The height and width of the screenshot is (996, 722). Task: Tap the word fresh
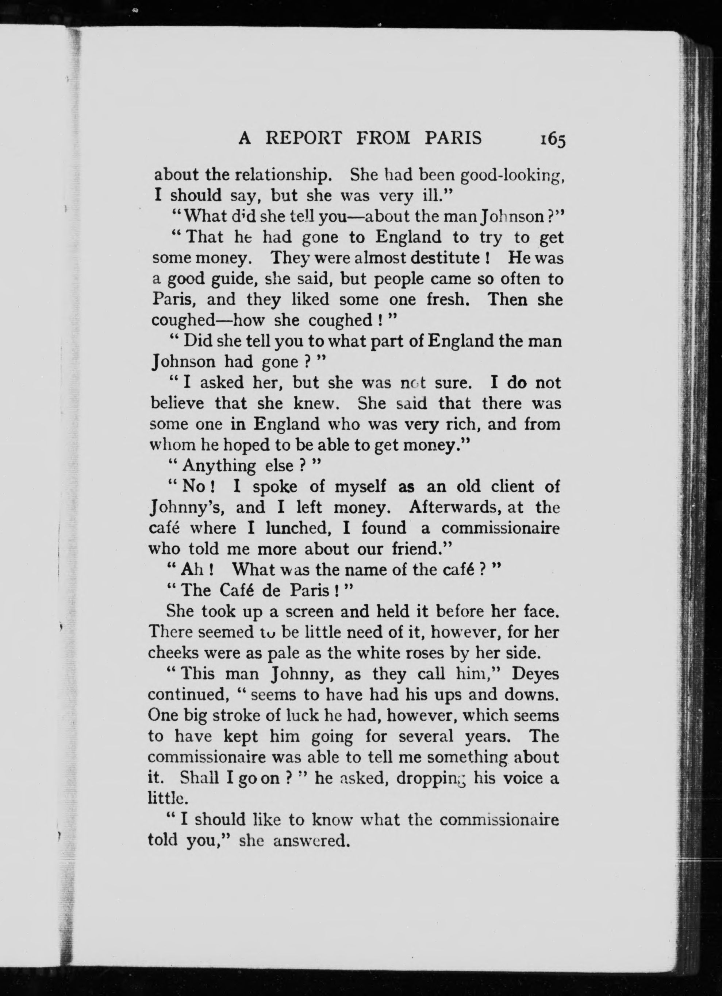point(452,299)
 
